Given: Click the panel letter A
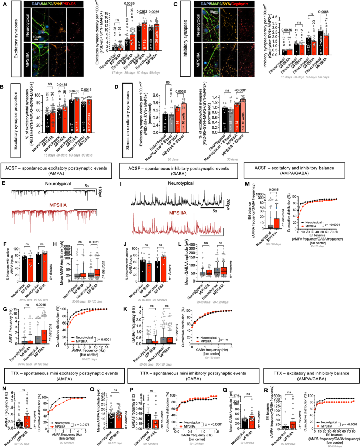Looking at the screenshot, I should coord(3,4).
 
